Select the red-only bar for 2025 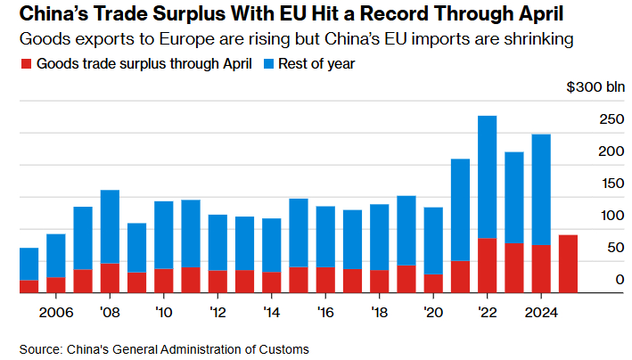click(x=568, y=263)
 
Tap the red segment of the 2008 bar click(x=110, y=277)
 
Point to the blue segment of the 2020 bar click(x=433, y=240)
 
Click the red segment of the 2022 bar click(x=487, y=265)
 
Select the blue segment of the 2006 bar click(x=55, y=255)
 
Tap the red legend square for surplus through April click(x=25, y=64)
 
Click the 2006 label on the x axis click(x=55, y=312)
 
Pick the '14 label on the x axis click(x=272, y=312)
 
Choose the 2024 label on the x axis click(x=541, y=312)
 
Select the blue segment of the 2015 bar click(x=299, y=232)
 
